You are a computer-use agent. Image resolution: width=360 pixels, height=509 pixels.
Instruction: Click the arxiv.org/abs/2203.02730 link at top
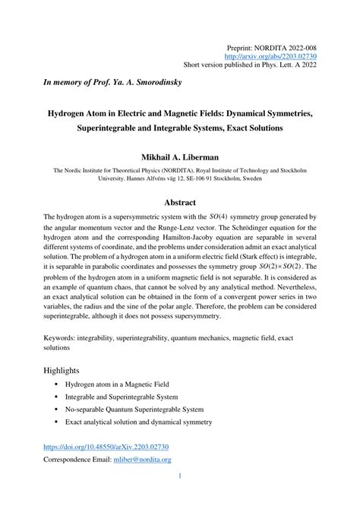276,55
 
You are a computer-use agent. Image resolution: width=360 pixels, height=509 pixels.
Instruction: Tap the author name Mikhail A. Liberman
180,157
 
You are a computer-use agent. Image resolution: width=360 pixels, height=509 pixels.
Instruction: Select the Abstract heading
180,202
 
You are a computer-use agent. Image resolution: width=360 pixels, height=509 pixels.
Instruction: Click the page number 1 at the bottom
180,476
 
